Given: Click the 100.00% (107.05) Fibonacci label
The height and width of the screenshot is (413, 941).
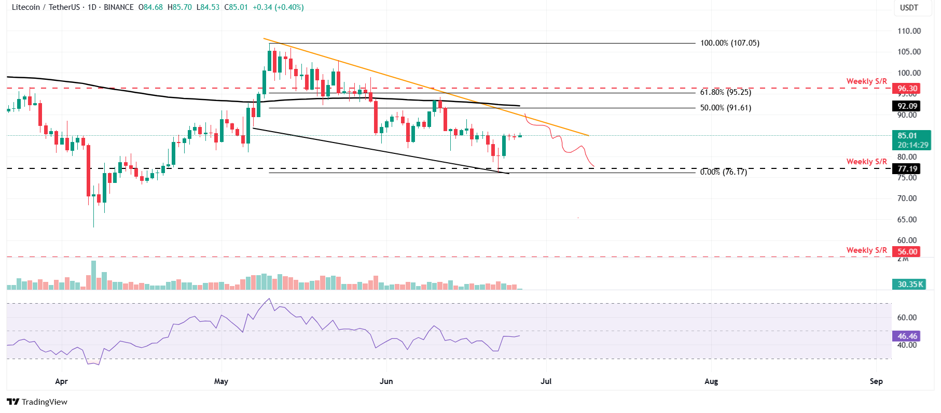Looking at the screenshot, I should pyautogui.click(x=729, y=43).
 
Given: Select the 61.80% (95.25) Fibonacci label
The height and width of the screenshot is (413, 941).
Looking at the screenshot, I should pyautogui.click(x=725, y=92).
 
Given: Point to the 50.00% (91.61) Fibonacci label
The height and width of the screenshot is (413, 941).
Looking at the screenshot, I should pyautogui.click(x=725, y=108).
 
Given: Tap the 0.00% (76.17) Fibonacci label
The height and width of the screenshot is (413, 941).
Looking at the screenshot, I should pyautogui.click(x=723, y=172).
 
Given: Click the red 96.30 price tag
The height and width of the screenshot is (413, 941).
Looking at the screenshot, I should pyautogui.click(x=907, y=89).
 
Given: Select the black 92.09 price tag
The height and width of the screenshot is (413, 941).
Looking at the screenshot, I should pyautogui.click(x=907, y=106).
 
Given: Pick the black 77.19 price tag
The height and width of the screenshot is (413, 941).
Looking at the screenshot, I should pyautogui.click(x=907, y=169).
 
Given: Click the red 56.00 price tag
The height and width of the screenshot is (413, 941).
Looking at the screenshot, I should pyautogui.click(x=907, y=252).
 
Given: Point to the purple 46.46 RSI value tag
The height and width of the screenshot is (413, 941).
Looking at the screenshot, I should pyautogui.click(x=907, y=336).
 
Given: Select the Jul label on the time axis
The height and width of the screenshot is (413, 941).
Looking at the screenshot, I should pyautogui.click(x=546, y=381).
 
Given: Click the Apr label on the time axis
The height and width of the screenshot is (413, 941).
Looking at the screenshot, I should pyautogui.click(x=61, y=381).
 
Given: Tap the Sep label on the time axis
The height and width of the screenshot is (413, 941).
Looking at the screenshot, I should pyautogui.click(x=876, y=381).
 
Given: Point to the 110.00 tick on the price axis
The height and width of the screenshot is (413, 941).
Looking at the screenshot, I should pyautogui.click(x=909, y=31).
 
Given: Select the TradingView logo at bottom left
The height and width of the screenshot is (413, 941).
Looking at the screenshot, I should pyautogui.click(x=37, y=402).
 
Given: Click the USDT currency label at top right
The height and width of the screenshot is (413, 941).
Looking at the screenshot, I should pyautogui.click(x=909, y=8).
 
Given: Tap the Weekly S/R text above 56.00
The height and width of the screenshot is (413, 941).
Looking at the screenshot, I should pyautogui.click(x=866, y=250).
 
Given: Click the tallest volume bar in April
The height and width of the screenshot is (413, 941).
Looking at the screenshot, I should pyautogui.click(x=94, y=275).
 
